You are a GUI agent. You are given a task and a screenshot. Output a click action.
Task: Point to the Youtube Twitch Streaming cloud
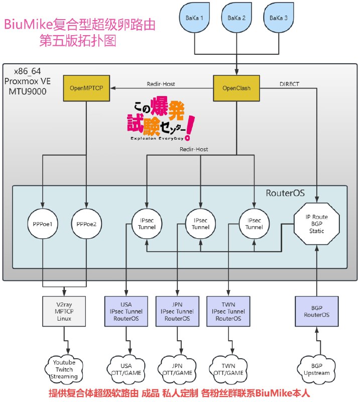click(64, 369)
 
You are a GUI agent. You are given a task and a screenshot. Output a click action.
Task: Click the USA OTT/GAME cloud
click(126, 369)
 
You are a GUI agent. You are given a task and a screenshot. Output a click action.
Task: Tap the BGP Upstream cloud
click(316, 369)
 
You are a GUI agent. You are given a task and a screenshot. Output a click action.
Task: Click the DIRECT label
click(289, 84)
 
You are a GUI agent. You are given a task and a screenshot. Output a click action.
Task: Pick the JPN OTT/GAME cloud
click(177, 369)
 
